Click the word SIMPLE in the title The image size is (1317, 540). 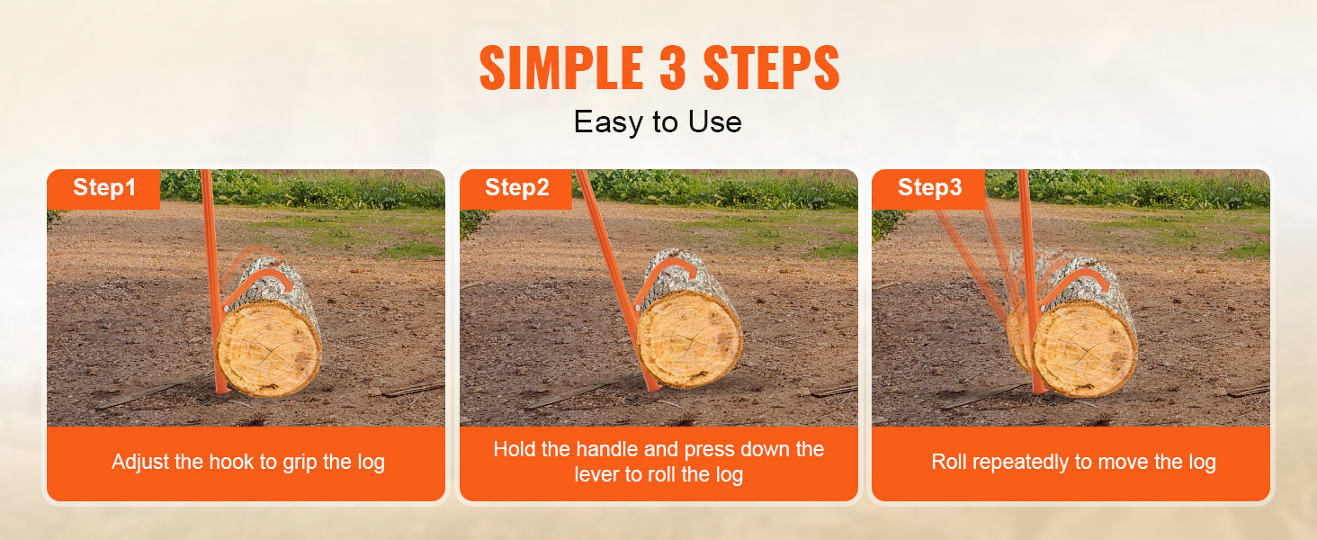(561, 67)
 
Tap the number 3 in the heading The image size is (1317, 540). (673, 67)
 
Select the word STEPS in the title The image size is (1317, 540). (771, 67)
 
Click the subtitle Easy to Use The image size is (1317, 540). (658, 122)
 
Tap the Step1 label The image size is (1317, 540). (104, 187)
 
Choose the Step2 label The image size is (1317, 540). (516, 187)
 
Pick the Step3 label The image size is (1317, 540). (929, 187)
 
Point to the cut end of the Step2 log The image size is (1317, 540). (689, 339)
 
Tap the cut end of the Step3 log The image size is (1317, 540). (1085, 348)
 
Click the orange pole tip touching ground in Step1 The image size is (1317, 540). (221, 390)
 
